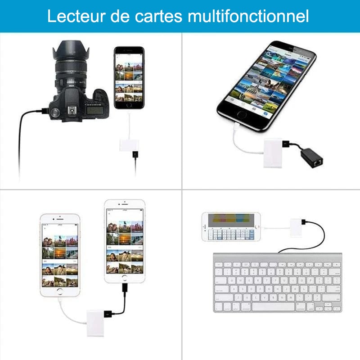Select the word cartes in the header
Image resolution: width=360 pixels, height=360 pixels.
coord(158,17)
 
